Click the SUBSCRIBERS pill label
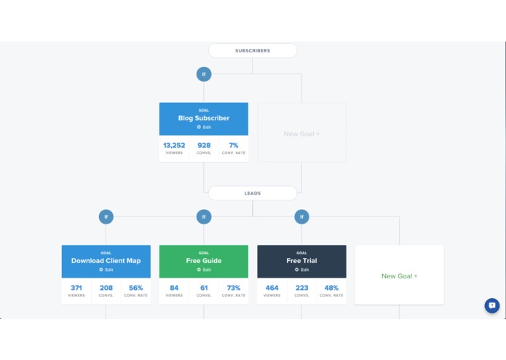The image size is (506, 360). (x=253, y=50)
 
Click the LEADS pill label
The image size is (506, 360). (x=253, y=193)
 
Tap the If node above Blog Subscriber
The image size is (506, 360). (x=204, y=74)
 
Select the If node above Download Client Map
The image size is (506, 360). (x=106, y=216)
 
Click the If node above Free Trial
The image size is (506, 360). (x=301, y=216)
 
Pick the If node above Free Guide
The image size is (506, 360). (x=204, y=216)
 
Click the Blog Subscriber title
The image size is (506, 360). (x=204, y=118)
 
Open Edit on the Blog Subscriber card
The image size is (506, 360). (x=204, y=128)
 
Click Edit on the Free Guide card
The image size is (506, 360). (x=204, y=270)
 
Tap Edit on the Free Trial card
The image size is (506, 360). (x=301, y=270)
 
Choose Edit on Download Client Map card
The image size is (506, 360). (x=106, y=270)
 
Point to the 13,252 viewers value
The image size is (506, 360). (x=174, y=145)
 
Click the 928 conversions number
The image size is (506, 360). (x=204, y=145)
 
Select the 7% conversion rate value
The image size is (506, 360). (x=233, y=145)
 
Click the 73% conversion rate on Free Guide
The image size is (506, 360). (x=233, y=288)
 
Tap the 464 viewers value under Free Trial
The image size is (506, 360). (x=272, y=288)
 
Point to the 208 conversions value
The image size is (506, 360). (x=106, y=288)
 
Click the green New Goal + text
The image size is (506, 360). (x=399, y=276)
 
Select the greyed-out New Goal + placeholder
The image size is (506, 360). (x=301, y=134)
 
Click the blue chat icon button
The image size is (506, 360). (x=491, y=305)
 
